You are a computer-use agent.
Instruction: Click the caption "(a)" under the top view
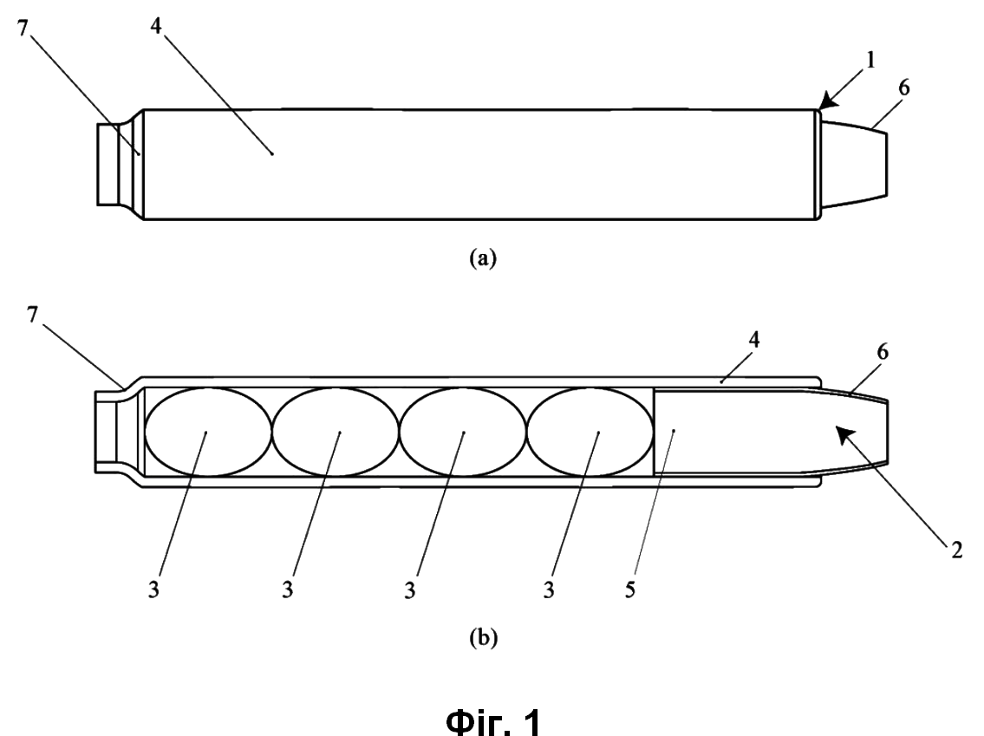[483, 257]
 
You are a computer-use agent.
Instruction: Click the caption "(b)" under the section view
[483, 637]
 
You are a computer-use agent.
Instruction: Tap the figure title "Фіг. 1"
[493, 720]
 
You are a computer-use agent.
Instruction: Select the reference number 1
[870, 60]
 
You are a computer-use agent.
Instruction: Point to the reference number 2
[956, 550]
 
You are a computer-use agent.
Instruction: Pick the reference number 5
[630, 589]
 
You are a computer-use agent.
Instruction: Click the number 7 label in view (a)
[23, 29]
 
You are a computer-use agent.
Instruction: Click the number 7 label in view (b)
[33, 315]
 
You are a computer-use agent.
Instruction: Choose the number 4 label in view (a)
[156, 26]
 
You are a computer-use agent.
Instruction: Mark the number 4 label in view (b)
[754, 340]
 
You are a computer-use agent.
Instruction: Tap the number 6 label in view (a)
[903, 88]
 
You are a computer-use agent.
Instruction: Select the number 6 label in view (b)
[883, 352]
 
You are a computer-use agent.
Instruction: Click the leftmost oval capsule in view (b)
[208, 432]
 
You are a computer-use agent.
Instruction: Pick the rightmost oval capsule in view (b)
[590, 432]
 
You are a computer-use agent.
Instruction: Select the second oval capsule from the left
[336, 432]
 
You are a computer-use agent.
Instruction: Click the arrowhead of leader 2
[844, 436]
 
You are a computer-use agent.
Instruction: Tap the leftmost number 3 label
[153, 589]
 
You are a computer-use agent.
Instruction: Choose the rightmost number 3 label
[549, 589]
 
